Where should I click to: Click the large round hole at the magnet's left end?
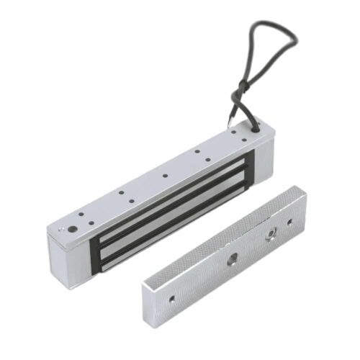(72, 230)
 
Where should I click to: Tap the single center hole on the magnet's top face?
(165, 175)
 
